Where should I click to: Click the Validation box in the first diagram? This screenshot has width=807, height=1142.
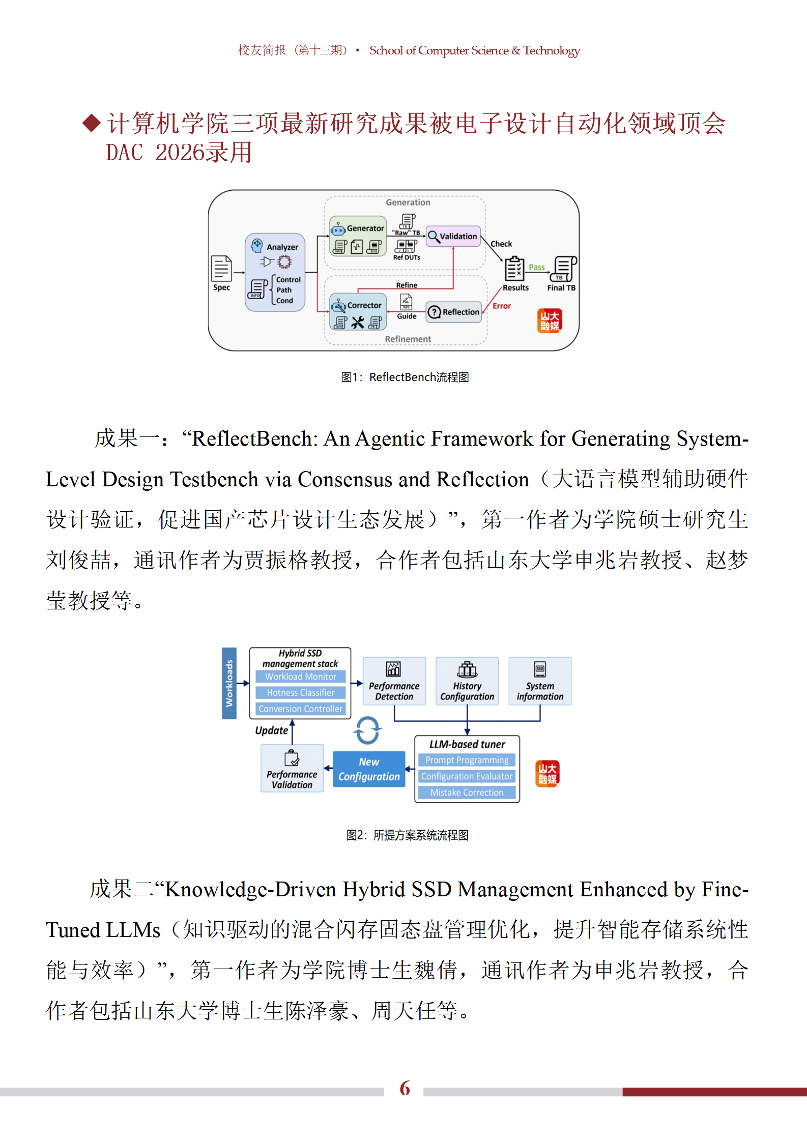[453, 236]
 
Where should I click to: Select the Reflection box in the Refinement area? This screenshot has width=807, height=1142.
[454, 312]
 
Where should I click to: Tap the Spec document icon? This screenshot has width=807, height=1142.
[221, 268]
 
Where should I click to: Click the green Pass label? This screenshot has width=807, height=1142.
[536, 267]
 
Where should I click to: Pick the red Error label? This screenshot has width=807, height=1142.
[502, 306]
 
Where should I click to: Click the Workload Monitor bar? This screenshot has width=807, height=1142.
[300, 677]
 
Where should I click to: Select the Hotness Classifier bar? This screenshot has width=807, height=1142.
[300, 692]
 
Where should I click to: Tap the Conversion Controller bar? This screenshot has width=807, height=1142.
[300, 709]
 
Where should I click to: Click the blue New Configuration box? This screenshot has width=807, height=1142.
[369, 769]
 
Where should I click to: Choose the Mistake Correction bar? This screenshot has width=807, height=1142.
[467, 793]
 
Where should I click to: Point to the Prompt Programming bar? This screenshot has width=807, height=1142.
[467, 760]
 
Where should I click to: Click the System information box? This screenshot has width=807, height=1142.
[540, 681]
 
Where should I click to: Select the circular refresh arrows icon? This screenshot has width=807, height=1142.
[367, 730]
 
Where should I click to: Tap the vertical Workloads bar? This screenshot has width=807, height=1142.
[229, 683]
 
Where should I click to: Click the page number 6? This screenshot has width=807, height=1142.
[405, 1088]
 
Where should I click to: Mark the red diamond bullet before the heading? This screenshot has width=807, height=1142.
[92, 123]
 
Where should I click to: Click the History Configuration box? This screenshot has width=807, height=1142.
[467, 681]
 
